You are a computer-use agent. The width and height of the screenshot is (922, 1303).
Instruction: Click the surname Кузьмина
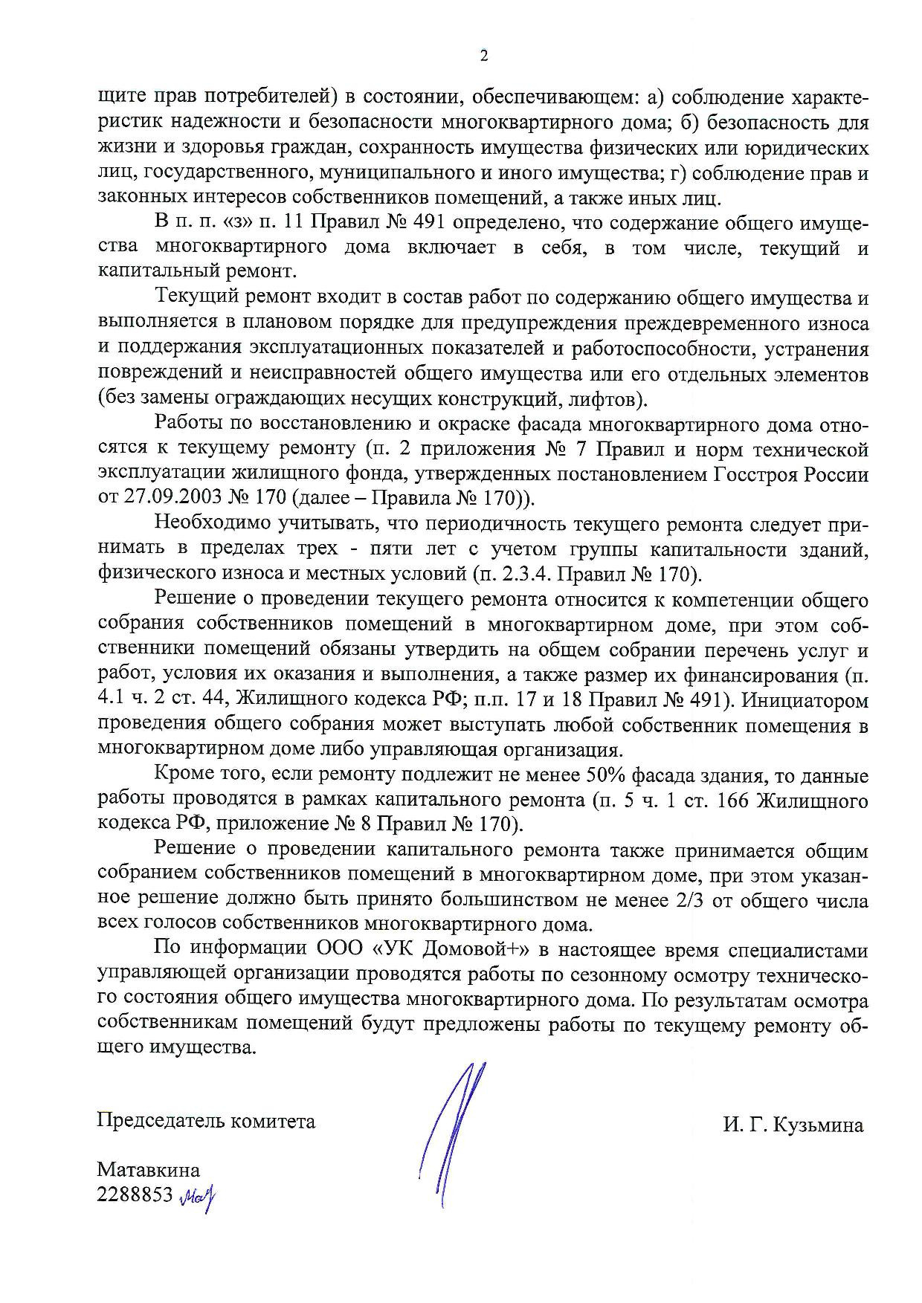[x=818, y=1125]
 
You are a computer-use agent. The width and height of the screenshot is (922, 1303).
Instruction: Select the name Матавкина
[x=148, y=1170]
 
